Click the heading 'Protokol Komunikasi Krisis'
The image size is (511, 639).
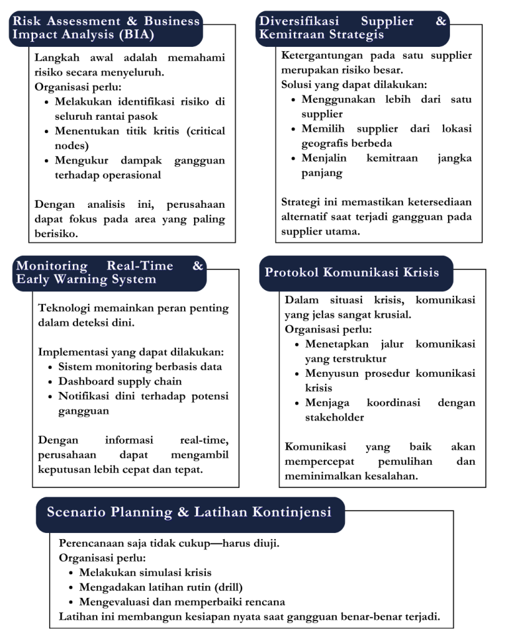[x=352, y=273]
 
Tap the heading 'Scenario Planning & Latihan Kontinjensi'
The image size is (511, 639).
[x=189, y=512]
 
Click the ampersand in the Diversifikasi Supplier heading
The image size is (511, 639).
[x=441, y=21]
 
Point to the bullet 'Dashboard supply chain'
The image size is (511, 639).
[x=120, y=381]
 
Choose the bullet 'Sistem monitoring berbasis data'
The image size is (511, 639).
[x=140, y=367]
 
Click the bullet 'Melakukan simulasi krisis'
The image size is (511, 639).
[x=145, y=572]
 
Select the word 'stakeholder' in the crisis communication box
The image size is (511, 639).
[x=334, y=417]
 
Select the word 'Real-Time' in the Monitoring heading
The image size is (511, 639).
[x=140, y=266]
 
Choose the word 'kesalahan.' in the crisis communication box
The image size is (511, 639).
[x=390, y=476]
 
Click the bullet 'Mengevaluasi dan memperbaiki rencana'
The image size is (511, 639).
[x=182, y=602]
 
